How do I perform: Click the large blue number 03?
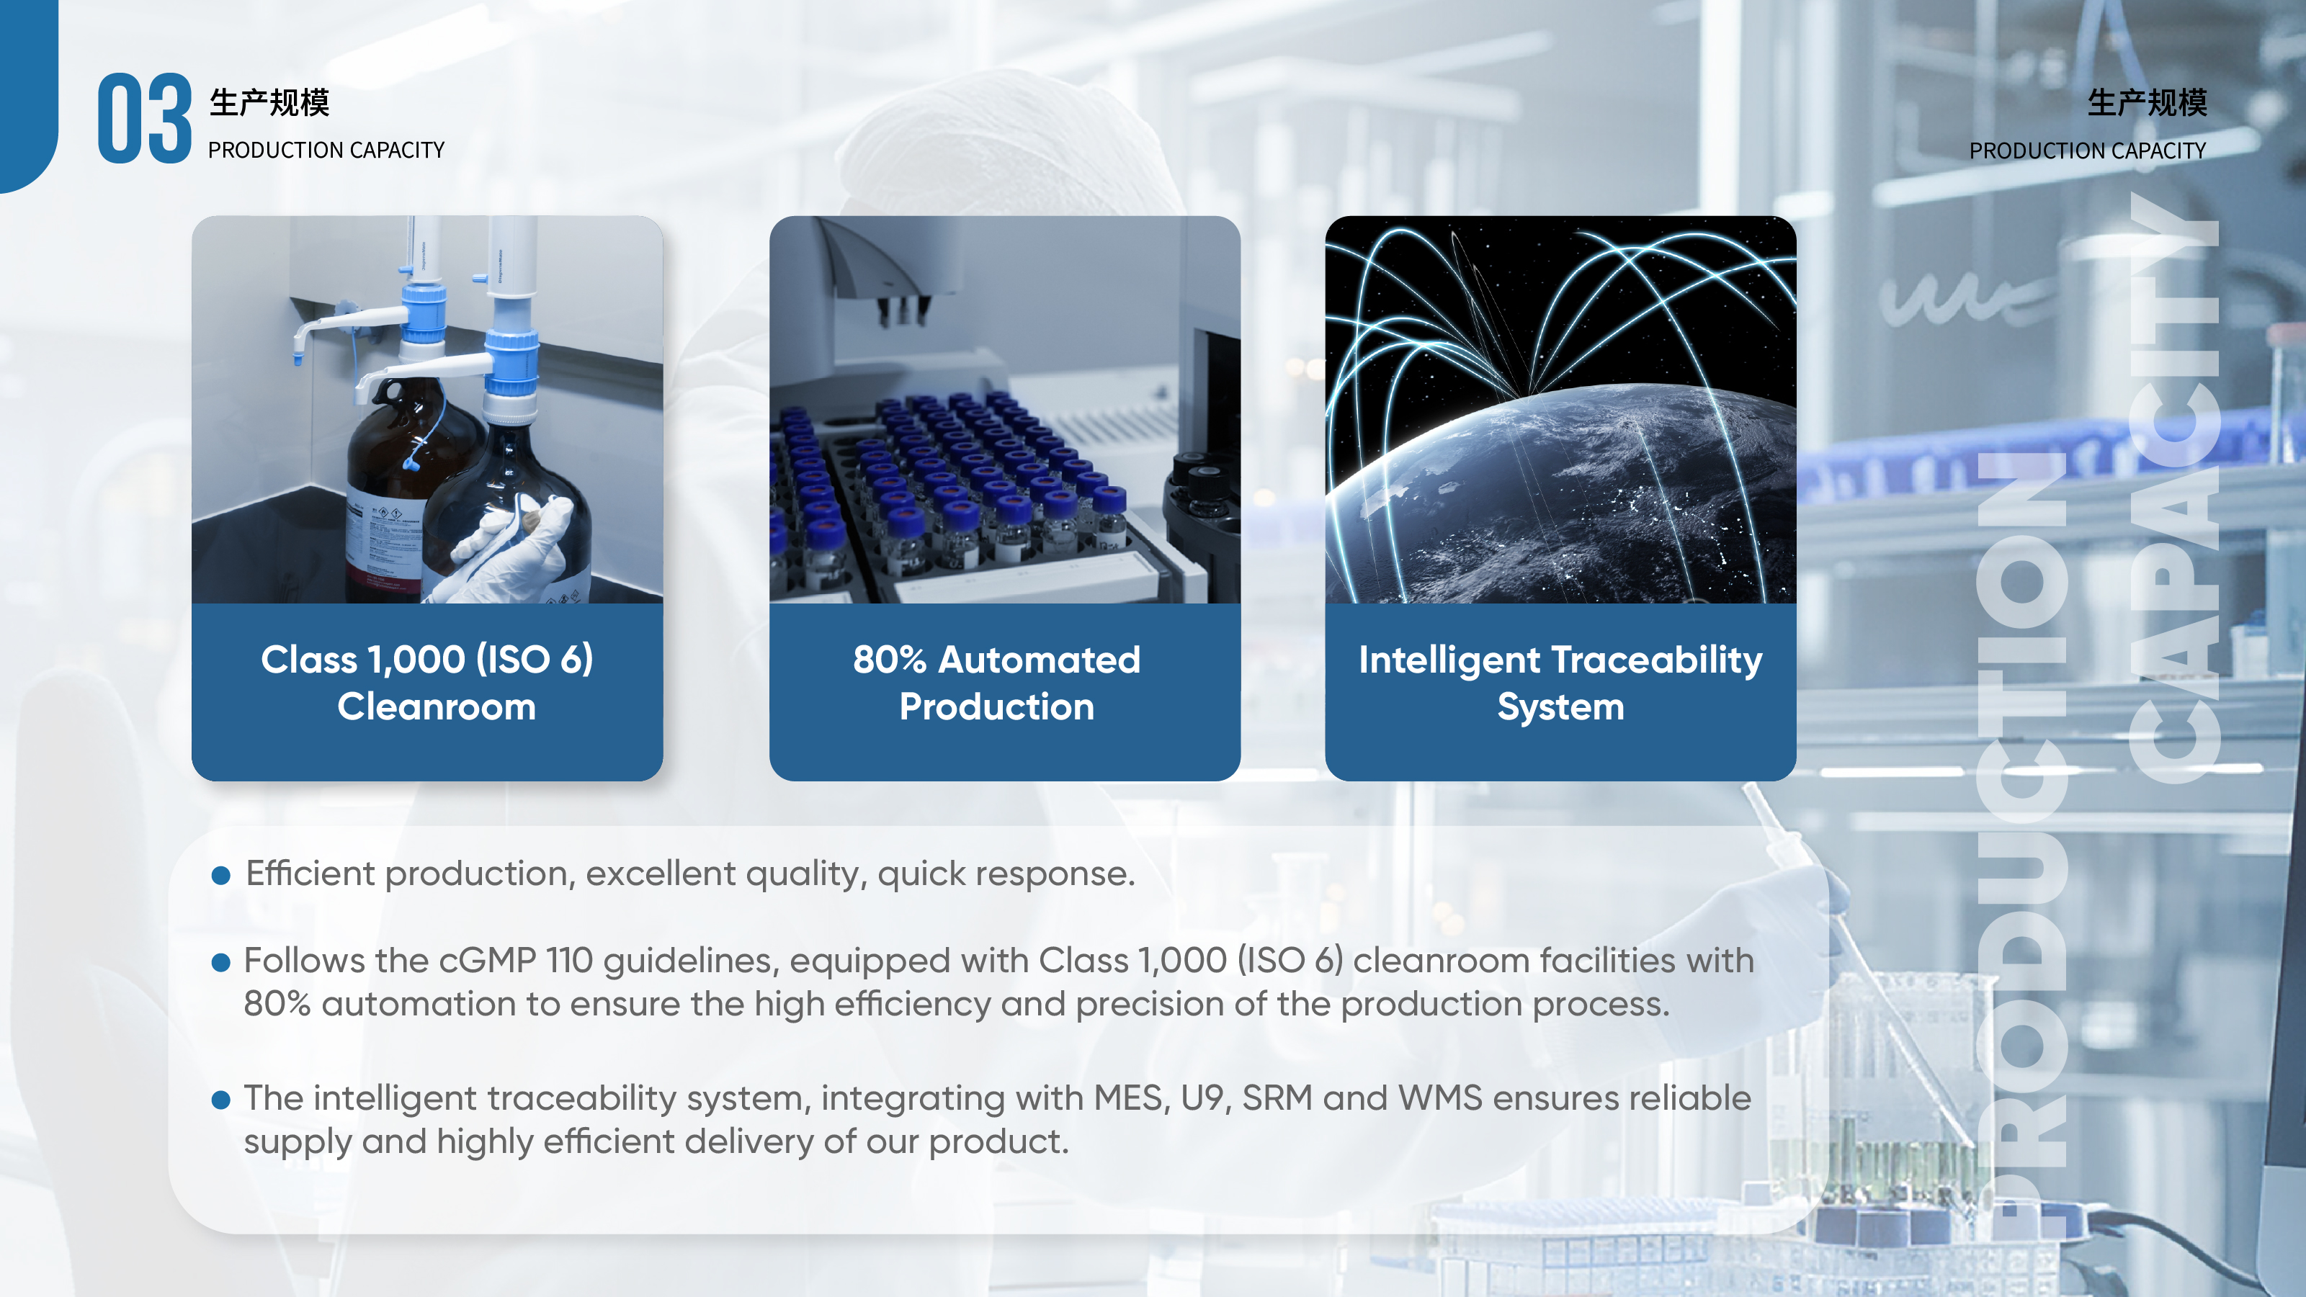coord(144,118)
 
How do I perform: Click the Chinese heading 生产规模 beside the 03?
coord(269,102)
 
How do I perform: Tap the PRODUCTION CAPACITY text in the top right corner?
coord(2088,151)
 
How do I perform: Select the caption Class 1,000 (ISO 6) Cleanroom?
coord(428,683)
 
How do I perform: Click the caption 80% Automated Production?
coord(997,683)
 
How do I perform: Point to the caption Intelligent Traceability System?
coord(1560,683)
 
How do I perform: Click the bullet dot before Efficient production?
coord(221,876)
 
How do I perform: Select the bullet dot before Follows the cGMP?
coord(221,963)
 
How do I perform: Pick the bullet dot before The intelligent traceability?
coord(221,1100)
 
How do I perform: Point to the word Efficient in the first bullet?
coord(310,873)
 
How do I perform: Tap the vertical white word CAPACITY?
coord(2173,488)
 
